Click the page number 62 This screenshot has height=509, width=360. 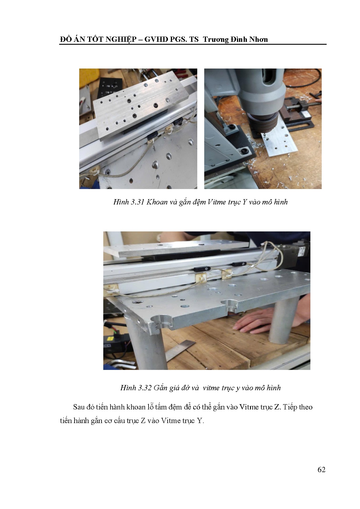[x=321, y=470]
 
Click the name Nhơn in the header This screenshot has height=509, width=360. [x=258, y=39]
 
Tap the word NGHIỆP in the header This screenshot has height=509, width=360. [x=121, y=39]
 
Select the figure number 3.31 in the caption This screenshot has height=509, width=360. [x=137, y=202]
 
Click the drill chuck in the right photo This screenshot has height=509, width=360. [x=263, y=121]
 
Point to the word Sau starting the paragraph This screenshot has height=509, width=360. [x=79, y=407]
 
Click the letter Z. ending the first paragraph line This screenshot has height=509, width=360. [x=278, y=407]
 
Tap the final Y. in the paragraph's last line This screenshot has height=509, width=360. [x=200, y=421]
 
